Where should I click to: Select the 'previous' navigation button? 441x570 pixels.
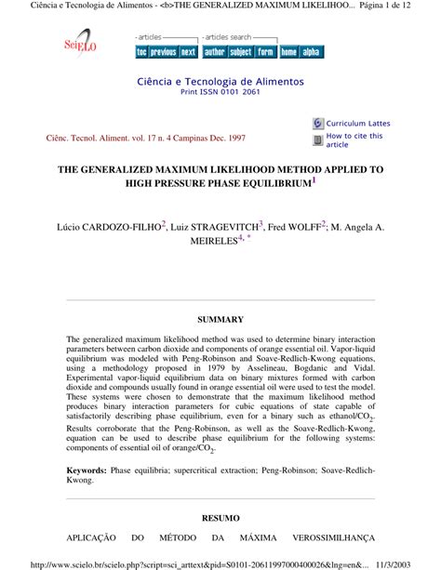point(164,52)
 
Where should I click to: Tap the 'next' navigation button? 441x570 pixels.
point(188,52)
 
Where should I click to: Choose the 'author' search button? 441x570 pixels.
point(214,52)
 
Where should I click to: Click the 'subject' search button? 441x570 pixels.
point(241,52)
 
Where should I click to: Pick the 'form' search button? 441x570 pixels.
point(266,52)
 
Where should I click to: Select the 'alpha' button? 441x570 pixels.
point(311,52)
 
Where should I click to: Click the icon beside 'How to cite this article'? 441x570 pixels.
point(317,139)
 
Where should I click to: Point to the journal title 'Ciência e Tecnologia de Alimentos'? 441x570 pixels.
point(220,81)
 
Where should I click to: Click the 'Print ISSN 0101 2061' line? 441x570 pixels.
point(220,92)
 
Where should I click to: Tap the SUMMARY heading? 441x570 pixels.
point(220,320)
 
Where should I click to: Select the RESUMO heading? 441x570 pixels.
point(220,517)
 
